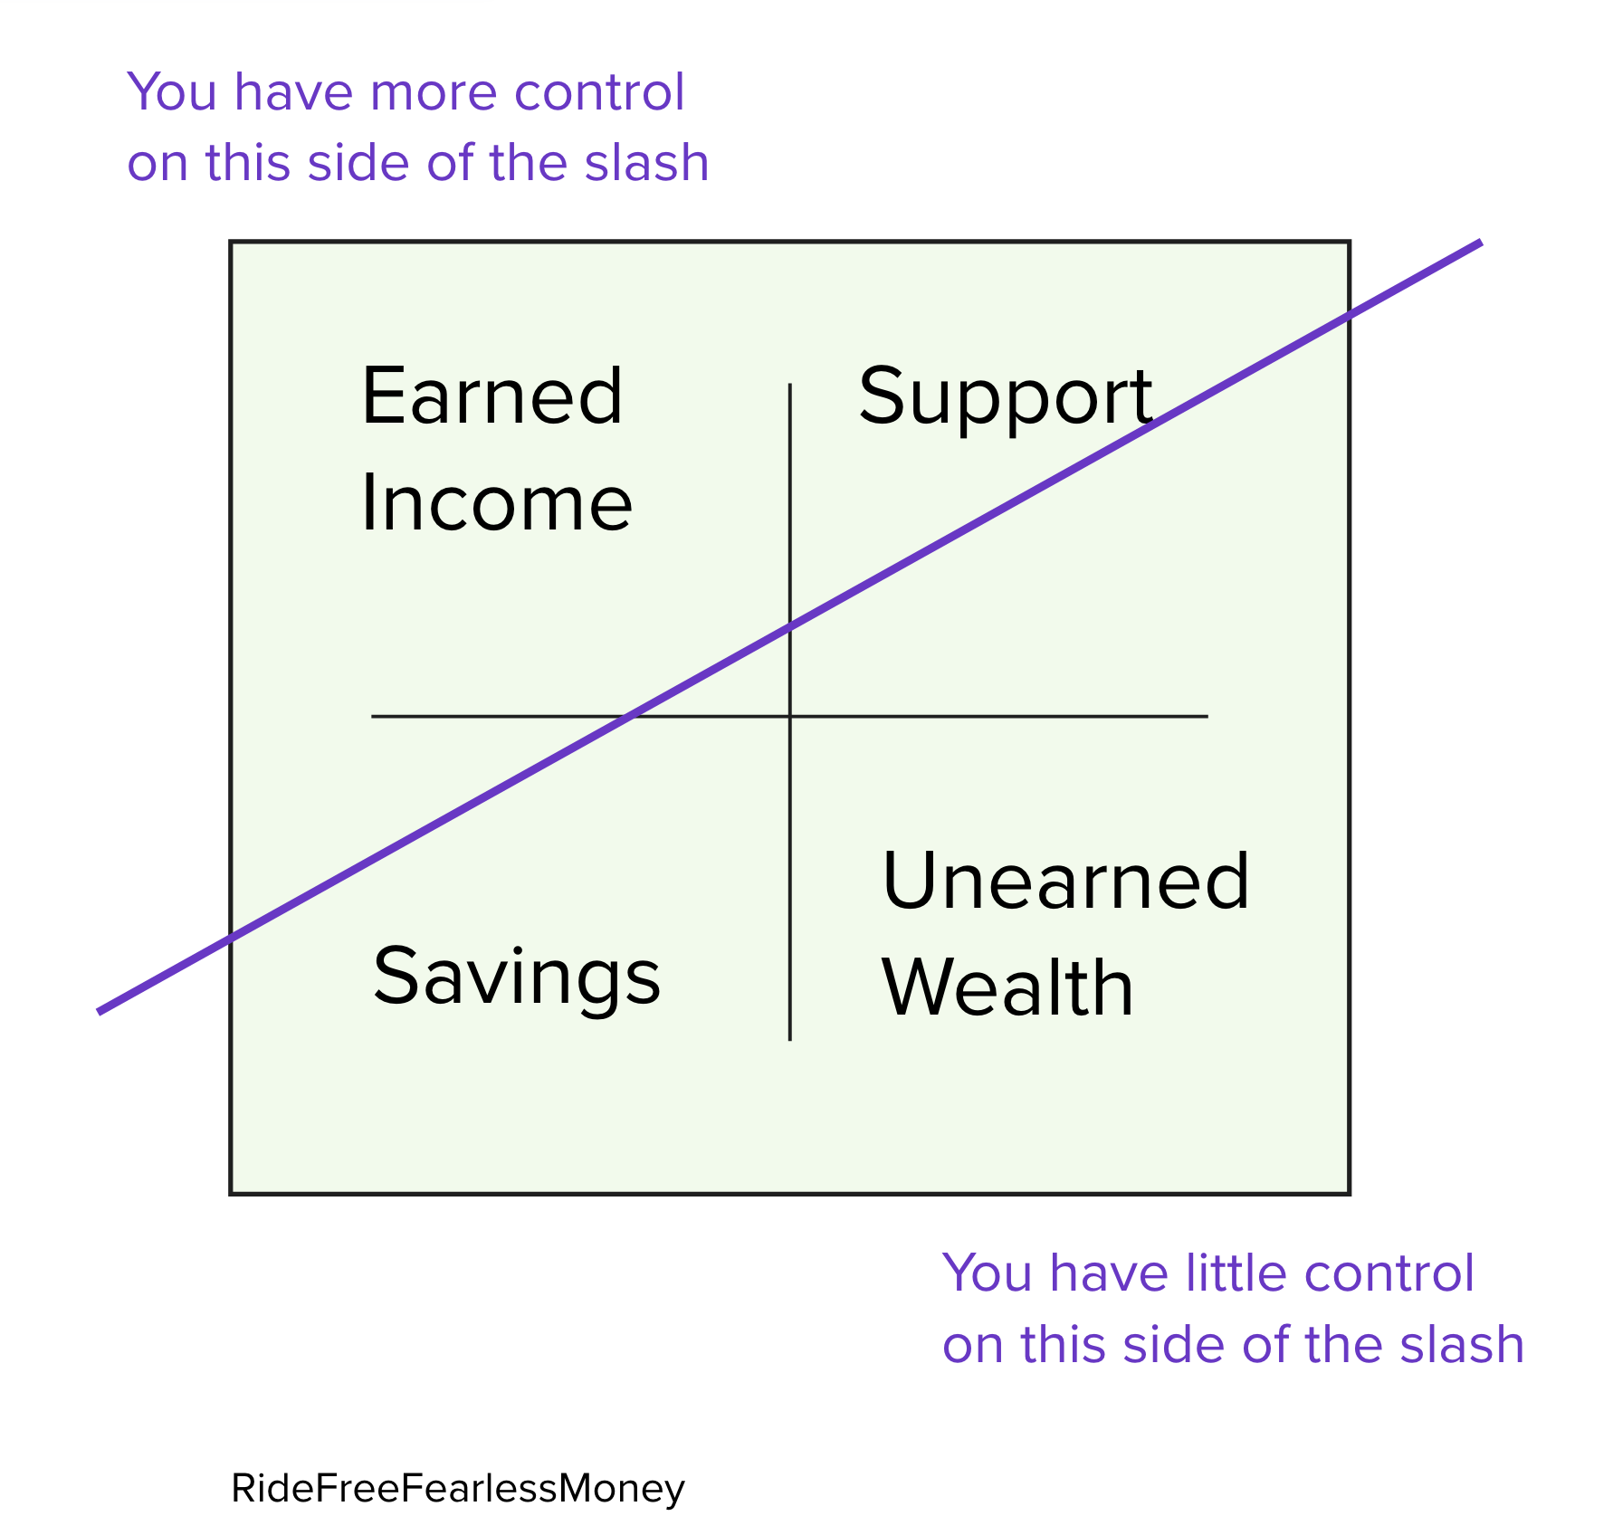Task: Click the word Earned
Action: [492, 396]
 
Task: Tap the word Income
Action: [496, 503]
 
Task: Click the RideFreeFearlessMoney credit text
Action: [458, 1489]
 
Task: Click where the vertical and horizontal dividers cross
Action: [790, 716]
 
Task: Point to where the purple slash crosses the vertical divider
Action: [790, 624]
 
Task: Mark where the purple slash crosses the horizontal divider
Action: [629, 716]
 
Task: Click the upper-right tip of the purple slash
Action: [1481, 243]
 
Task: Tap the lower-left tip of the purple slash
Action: [99, 1012]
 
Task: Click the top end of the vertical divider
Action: [790, 384]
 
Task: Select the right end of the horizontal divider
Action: [1207, 716]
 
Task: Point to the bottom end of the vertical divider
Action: [790, 1040]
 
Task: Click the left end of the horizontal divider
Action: [372, 716]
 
